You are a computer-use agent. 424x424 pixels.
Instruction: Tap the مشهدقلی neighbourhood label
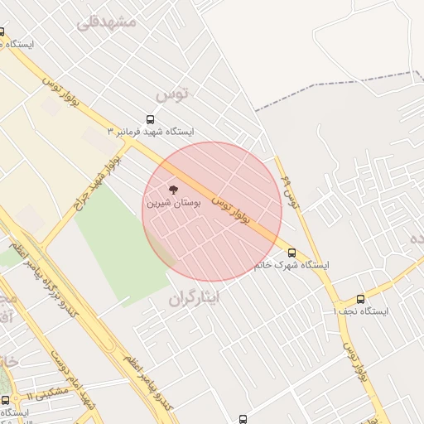tap(106, 22)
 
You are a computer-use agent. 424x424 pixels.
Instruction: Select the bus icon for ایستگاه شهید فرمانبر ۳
tap(150, 119)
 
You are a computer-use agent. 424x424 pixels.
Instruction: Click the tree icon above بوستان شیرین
tap(172, 190)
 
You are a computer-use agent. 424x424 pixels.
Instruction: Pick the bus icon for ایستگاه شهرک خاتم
tap(291, 253)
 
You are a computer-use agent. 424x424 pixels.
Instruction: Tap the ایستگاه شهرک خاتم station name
tap(291, 265)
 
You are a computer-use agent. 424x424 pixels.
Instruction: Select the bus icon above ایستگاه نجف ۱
tap(359, 299)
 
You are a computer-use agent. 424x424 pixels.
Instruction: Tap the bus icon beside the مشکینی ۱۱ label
tap(6, 400)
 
